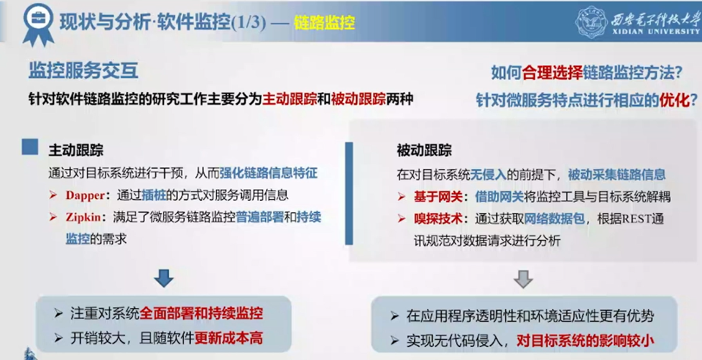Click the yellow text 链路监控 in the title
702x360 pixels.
tap(324, 22)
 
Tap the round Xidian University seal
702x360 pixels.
tap(591, 22)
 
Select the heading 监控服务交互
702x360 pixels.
tap(83, 71)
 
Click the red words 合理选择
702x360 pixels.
tap(552, 72)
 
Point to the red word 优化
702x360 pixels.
tap(674, 100)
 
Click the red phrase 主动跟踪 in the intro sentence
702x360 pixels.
tap(290, 99)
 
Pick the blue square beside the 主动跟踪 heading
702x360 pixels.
tap(30, 147)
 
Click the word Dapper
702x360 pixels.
tap(85, 195)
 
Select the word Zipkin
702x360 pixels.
tap(83, 217)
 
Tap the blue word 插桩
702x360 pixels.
tap(154, 195)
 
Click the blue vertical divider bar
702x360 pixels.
tap(349, 193)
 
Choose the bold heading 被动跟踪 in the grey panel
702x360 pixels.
tap(424, 150)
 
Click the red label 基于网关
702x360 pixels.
tap(438, 196)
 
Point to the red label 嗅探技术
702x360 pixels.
tap(438, 218)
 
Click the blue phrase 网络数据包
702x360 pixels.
tap(554, 218)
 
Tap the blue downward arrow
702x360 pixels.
tap(164, 278)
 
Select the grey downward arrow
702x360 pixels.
tap(523, 279)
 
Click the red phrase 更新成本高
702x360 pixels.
tap(229, 338)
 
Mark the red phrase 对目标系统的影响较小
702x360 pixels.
tap(585, 341)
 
